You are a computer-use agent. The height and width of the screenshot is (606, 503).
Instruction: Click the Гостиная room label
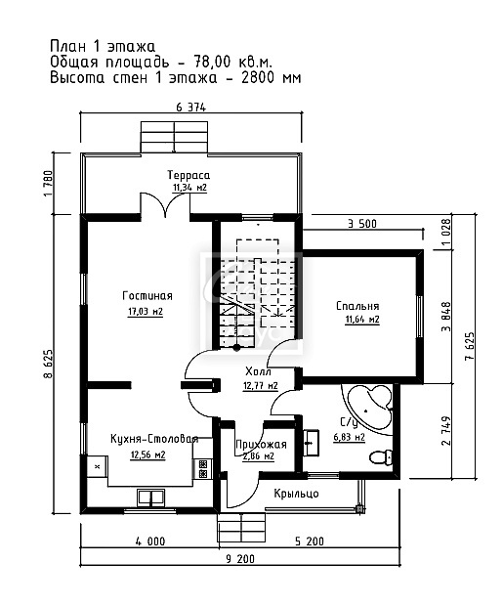147,296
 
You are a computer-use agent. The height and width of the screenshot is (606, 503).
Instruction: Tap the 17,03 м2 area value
146,312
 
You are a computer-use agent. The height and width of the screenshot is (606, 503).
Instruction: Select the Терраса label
189,175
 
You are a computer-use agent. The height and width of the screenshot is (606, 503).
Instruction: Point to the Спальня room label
357,306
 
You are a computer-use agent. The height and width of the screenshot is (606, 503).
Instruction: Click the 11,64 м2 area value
362,320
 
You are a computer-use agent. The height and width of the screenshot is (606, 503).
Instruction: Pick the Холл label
258,371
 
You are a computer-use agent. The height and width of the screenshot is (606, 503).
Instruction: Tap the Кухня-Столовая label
154,439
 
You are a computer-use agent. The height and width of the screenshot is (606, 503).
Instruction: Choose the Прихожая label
261,445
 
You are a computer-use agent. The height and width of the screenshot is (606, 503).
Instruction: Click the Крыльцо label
296,494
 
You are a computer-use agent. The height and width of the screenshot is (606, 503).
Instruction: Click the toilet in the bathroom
381,458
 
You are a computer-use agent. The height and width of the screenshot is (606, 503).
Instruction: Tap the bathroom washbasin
311,443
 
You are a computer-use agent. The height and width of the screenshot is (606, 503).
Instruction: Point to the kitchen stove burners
203,468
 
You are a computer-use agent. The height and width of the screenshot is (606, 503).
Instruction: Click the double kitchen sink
151,498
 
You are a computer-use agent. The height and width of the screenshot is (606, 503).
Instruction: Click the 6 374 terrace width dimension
190,108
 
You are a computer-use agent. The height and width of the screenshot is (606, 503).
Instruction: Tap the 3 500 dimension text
362,224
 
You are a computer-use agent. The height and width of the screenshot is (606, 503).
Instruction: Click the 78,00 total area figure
207,62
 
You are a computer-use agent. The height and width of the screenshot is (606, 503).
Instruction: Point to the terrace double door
165,205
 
